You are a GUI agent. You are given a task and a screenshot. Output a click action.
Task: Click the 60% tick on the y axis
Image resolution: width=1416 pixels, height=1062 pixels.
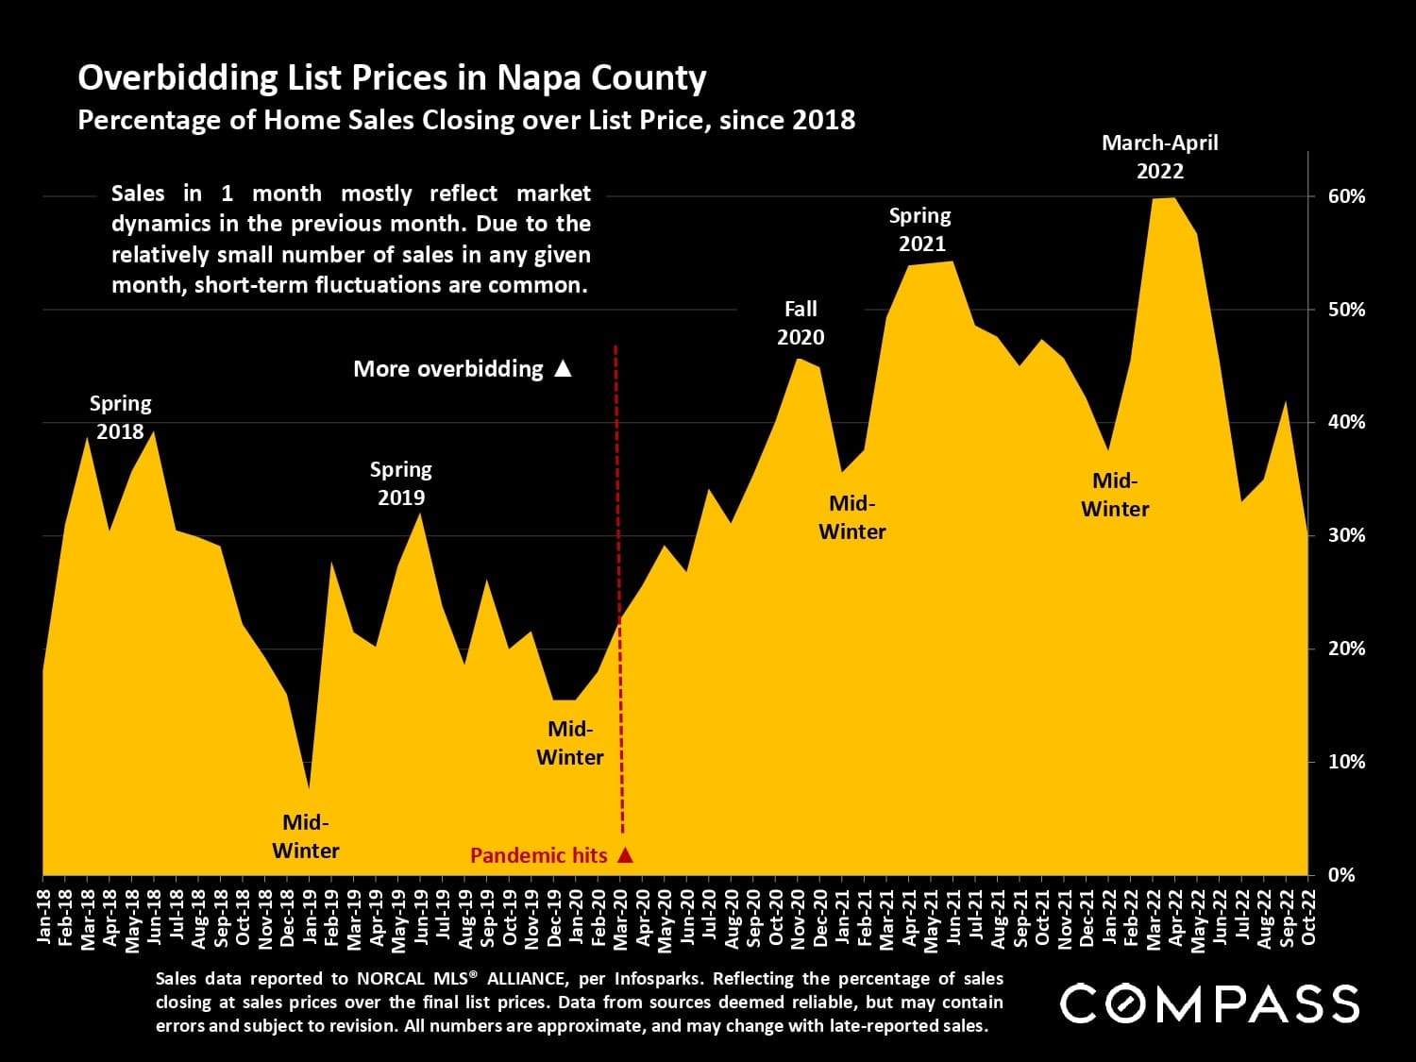click(x=1346, y=196)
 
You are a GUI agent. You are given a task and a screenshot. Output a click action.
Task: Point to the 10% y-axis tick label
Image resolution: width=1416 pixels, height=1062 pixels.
click(x=1346, y=761)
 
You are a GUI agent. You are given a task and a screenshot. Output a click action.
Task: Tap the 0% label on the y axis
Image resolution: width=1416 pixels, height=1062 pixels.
click(x=1341, y=874)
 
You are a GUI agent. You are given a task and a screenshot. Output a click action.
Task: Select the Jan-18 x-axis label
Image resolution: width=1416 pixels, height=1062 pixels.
click(x=43, y=916)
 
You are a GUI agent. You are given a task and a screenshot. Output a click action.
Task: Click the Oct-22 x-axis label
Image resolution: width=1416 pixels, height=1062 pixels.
click(x=1309, y=916)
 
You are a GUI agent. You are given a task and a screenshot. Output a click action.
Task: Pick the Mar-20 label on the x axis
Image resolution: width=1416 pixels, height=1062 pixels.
click(x=621, y=916)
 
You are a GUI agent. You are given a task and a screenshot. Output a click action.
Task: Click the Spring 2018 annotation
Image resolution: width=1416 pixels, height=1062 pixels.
click(x=120, y=417)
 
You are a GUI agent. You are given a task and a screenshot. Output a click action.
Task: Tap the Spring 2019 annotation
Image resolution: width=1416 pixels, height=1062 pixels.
click(x=400, y=483)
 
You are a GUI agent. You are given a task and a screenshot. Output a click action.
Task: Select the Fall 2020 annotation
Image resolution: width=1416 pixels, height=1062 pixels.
click(x=801, y=323)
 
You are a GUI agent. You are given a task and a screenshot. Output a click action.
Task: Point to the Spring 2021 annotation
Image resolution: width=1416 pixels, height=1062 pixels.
click(x=920, y=229)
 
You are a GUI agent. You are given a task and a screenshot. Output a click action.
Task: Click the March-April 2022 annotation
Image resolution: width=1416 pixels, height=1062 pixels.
click(x=1160, y=157)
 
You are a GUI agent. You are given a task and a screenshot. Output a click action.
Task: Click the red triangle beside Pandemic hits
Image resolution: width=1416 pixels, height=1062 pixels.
click(x=624, y=855)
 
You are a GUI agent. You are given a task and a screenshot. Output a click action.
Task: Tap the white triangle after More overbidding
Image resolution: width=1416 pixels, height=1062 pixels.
click(x=563, y=368)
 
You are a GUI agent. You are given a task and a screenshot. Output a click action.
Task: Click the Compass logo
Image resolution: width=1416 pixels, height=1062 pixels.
click(x=1209, y=1003)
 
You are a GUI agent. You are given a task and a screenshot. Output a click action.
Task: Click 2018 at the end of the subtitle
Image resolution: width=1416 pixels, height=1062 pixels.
click(x=825, y=120)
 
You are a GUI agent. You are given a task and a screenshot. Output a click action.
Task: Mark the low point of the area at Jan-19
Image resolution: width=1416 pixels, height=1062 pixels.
click(x=310, y=785)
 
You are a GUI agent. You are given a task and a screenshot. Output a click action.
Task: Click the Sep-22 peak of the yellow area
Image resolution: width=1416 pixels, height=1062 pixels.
click(x=1285, y=403)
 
